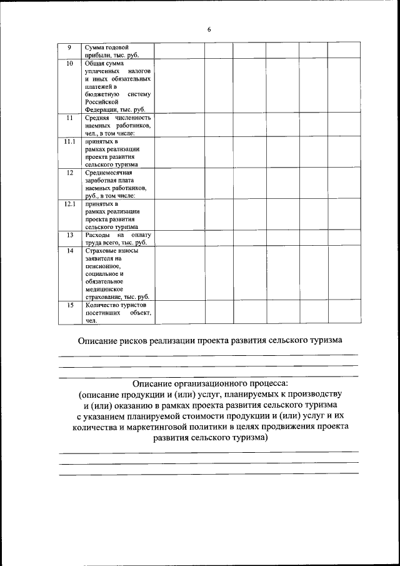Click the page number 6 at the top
209,29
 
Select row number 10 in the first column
70,64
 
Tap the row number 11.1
70,142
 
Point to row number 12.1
70,204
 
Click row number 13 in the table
70,235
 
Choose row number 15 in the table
70,305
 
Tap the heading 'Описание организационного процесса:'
210,382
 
